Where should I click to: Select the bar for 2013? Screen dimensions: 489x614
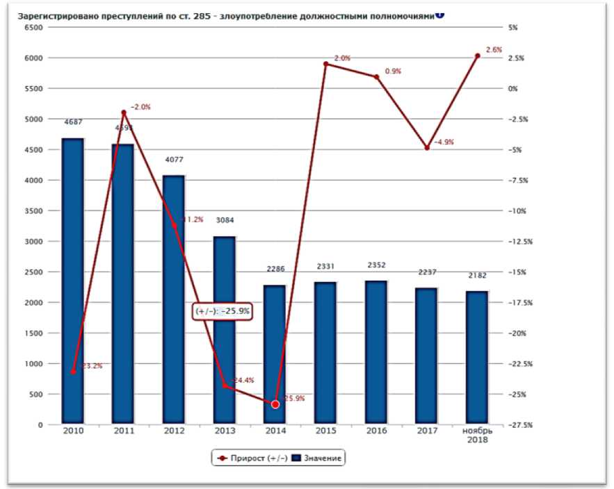pos(225,330)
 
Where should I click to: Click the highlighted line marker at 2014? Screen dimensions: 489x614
pos(275,404)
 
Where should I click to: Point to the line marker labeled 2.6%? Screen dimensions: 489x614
pos(477,56)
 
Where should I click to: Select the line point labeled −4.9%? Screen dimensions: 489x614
pos(427,148)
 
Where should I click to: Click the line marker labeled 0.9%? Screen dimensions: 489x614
pos(376,76)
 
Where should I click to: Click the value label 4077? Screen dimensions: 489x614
pos(175,160)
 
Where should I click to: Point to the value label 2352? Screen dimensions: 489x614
pos(377,265)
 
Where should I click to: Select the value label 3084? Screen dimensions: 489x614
pos(225,221)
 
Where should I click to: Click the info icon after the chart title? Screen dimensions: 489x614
pos(439,15)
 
